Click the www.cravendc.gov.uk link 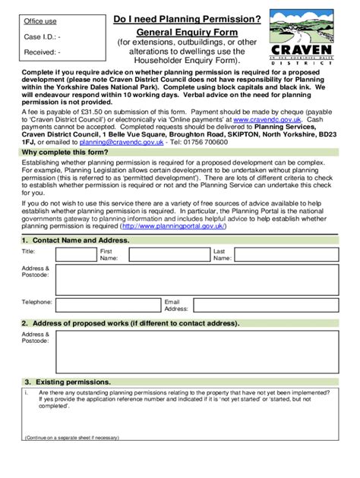[267, 120]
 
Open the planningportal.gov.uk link [183, 225]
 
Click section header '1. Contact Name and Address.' [75, 241]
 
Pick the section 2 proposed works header [130, 322]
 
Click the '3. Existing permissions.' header [68, 381]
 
